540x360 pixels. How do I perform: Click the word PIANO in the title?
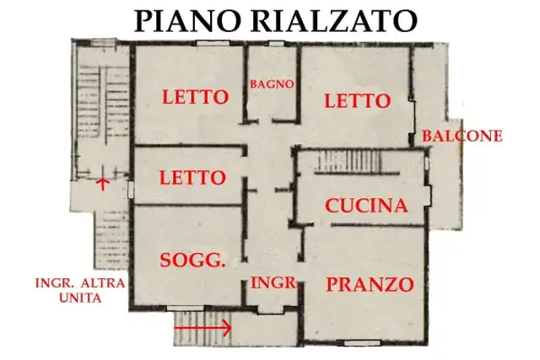186,21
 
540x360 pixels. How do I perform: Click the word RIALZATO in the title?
334,21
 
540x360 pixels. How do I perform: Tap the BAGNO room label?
272,84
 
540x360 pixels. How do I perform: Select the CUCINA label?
366,206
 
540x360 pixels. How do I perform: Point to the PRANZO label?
370,285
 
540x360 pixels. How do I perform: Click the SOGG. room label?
192,261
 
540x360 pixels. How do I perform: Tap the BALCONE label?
462,136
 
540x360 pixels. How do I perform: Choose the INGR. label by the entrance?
273,282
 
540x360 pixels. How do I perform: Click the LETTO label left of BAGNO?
195,97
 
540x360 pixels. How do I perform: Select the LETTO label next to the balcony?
358,101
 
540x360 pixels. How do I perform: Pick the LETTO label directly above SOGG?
192,178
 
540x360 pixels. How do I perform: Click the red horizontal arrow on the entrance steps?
202,328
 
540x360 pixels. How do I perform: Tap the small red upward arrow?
102,184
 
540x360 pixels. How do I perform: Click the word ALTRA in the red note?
103,283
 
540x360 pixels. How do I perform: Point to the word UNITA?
81,297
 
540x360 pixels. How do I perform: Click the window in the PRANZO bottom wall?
362,343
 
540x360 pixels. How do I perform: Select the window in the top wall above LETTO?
213,43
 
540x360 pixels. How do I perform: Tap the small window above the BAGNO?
276,44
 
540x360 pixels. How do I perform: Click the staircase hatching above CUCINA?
349,161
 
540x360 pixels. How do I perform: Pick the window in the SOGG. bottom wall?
185,309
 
